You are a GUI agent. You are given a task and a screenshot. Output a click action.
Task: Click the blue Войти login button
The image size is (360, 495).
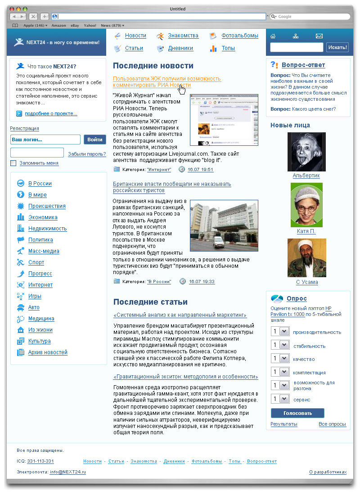(95, 139)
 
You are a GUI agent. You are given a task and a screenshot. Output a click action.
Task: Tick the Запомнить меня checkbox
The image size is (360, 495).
(13, 163)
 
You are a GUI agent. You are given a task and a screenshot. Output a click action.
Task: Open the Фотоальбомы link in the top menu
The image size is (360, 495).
(240, 36)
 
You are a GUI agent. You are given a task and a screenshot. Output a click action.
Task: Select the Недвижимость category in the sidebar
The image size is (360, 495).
(47, 229)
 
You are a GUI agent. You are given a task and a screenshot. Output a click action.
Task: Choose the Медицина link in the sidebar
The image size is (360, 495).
(41, 319)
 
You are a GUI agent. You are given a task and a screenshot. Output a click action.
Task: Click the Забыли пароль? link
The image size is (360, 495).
(87, 154)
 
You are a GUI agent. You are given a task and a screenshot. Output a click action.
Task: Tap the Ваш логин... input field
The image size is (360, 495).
(45, 139)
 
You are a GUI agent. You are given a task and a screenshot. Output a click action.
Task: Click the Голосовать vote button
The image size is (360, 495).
(297, 413)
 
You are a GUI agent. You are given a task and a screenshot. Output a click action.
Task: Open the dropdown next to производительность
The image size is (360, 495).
(284, 332)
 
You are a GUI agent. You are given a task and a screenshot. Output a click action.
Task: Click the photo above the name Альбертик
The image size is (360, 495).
(306, 152)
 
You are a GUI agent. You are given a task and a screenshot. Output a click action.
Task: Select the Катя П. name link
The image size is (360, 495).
(306, 231)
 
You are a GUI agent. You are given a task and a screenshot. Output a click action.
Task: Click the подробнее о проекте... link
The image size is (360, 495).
(51, 114)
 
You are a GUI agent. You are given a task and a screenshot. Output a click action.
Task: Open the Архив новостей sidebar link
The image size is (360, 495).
(48, 352)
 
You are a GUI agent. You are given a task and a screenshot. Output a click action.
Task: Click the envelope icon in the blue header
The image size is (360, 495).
(319, 36)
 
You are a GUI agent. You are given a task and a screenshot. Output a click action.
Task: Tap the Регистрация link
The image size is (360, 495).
(24, 128)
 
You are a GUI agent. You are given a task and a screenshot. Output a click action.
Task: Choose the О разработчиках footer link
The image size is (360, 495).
(328, 472)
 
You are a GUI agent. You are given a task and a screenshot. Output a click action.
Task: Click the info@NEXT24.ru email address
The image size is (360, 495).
(67, 472)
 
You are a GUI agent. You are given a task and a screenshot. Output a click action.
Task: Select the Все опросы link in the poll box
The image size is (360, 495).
(332, 424)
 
